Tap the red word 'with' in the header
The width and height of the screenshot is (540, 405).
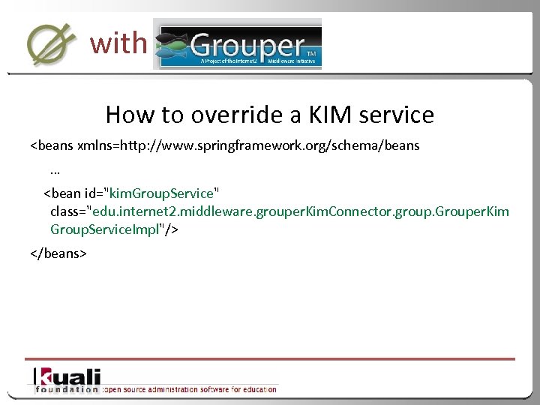118,43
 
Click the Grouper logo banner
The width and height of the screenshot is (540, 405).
238,44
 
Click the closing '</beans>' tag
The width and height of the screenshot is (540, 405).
58,253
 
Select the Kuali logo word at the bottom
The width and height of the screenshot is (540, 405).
67,376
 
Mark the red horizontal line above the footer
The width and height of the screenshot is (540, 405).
270,358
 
